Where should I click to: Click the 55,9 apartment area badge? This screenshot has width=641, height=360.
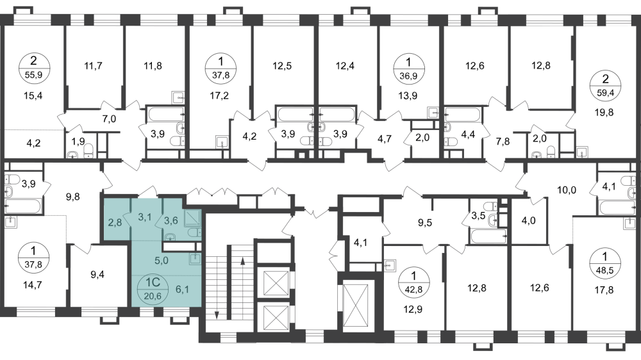35,69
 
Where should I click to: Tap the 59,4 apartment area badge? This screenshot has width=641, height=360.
606,86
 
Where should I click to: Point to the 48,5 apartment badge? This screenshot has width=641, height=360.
605,264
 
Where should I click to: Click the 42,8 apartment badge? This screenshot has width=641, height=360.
414,282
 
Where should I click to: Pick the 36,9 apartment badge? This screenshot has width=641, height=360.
408,69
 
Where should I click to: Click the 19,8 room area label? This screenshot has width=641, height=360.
604,112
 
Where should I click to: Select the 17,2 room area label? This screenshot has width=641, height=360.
219,95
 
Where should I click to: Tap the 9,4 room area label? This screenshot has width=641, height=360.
97,275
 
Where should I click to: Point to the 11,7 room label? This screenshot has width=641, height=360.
93,65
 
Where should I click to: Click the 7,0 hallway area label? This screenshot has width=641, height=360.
109,119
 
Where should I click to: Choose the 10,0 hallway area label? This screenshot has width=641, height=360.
567,190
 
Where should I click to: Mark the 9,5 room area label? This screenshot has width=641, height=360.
425,223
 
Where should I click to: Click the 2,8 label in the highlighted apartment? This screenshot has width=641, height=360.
115,223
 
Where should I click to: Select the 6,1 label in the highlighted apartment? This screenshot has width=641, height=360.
182,290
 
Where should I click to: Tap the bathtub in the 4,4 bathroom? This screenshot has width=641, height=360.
462,115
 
